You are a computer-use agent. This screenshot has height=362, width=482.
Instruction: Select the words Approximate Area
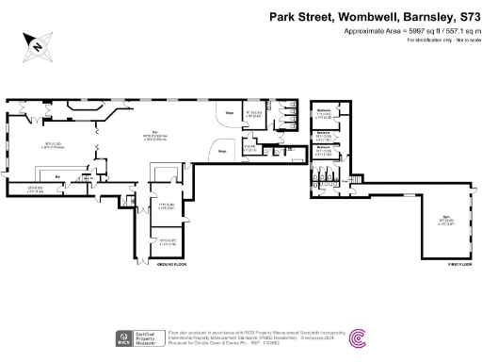point(369,30)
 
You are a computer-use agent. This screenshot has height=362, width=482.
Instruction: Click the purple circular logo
point(361,337)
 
